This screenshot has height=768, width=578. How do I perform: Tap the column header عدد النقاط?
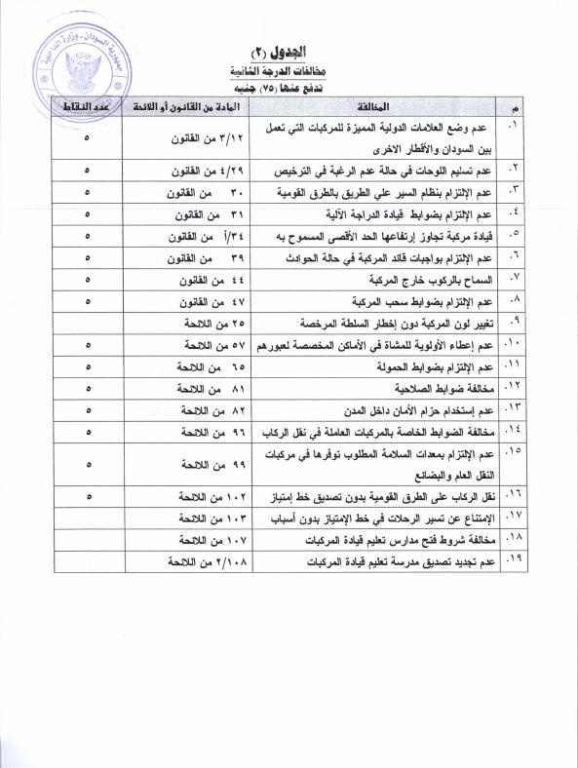coord(86,104)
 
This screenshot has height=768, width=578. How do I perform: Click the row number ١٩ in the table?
coord(515,559)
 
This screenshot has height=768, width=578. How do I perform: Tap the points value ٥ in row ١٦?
coord(87,497)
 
